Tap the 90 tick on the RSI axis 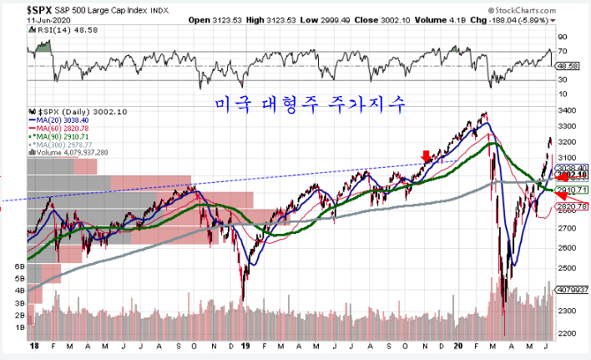[x=563, y=37]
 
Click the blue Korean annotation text [x=308, y=105]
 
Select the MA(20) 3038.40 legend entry [x=68, y=119]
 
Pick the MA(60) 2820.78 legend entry [x=68, y=128]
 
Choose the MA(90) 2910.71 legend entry [x=68, y=136]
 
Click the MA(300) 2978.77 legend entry [x=69, y=145]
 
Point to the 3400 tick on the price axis [x=568, y=110]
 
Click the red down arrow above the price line [x=427, y=155]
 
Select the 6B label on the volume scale [x=20, y=266]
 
